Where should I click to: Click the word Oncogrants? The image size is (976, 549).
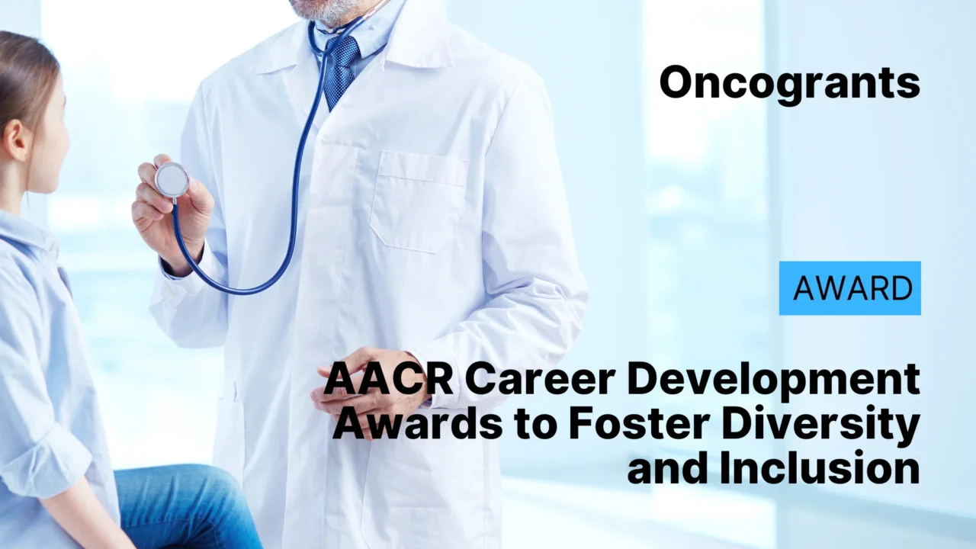tap(789, 82)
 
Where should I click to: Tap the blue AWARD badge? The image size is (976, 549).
tap(849, 288)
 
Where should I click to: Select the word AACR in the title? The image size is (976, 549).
tap(388, 380)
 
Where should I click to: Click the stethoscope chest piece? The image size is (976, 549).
tap(172, 180)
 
